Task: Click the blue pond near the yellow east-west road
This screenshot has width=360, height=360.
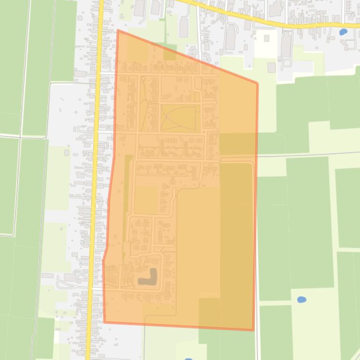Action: pos(343,32)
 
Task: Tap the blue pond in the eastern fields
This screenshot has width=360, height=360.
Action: pos(301,299)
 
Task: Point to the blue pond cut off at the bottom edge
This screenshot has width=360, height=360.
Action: pos(188,359)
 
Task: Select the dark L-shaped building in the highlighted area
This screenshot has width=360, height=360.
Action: pos(149,278)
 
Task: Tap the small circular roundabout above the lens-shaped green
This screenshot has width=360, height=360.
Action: pos(143,79)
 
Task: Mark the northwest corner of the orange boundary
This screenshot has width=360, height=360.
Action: pos(118,31)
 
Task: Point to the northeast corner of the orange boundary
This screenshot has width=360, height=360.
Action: pos(257,84)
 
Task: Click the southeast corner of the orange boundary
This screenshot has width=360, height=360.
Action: pos(253,330)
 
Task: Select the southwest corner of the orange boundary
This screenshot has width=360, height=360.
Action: pos(104,322)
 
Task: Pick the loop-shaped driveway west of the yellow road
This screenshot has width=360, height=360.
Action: pos(63,282)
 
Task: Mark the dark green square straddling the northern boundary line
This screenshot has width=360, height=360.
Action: pos(169,54)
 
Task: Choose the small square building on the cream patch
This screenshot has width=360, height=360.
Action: pos(272,67)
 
